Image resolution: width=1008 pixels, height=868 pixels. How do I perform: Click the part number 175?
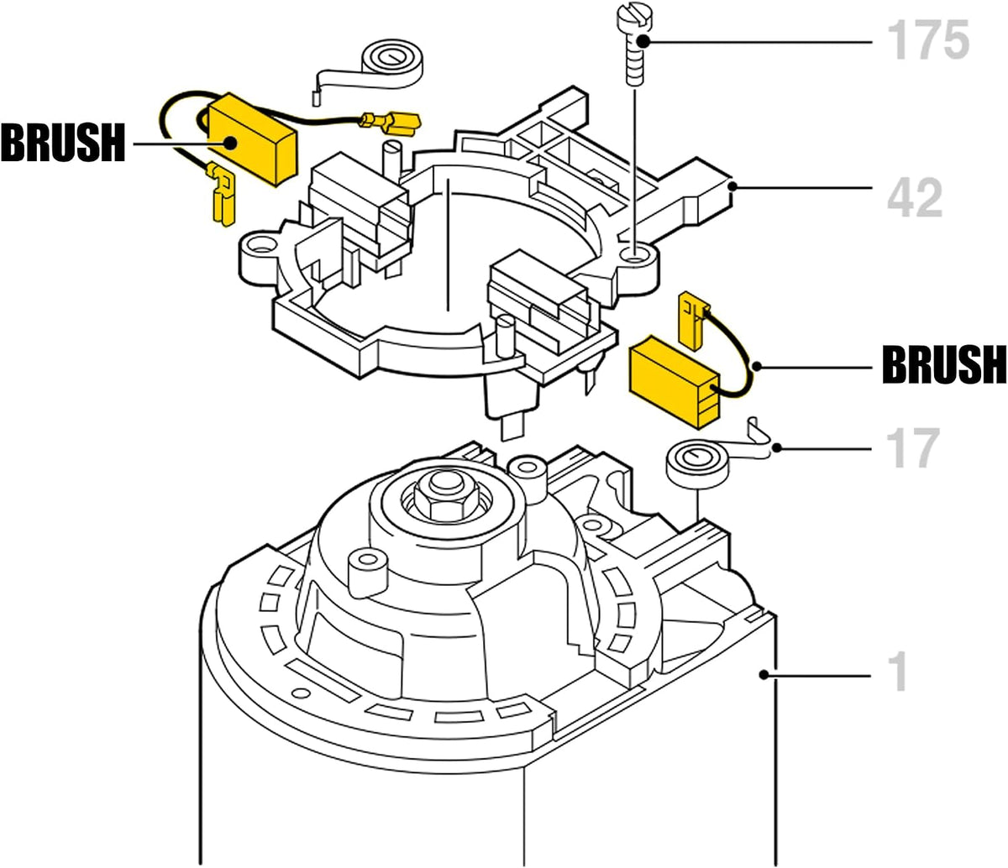click(x=928, y=39)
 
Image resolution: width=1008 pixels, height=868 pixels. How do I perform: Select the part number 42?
click(x=915, y=197)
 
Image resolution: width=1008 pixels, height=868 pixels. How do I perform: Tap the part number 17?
click(x=912, y=447)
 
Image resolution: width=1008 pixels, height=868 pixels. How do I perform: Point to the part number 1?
click(x=898, y=672)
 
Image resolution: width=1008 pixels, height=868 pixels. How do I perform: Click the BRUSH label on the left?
click(x=63, y=143)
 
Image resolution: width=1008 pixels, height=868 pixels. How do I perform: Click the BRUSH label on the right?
click(x=945, y=365)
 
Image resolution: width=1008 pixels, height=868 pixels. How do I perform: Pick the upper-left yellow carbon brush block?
click(x=253, y=140)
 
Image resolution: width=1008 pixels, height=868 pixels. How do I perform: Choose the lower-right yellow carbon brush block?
click(x=675, y=381)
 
